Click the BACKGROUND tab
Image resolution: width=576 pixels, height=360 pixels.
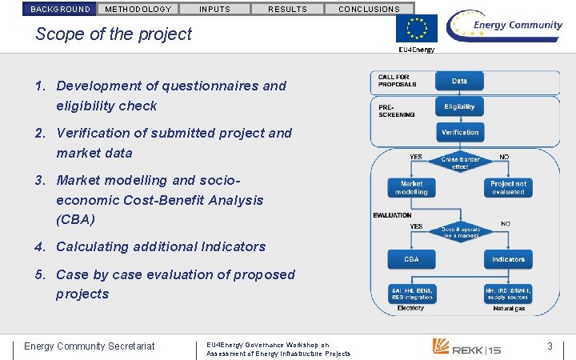click(x=60, y=9)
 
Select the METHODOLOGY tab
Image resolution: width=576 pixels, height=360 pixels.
click(x=138, y=9)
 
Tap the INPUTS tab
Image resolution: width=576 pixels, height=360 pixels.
click(x=214, y=9)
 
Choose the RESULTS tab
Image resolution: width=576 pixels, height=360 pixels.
click(x=287, y=9)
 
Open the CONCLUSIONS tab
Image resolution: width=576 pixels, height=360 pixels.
click(x=369, y=9)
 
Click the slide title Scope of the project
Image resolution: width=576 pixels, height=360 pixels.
click(x=114, y=34)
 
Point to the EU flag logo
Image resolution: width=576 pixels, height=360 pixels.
click(x=416, y=29)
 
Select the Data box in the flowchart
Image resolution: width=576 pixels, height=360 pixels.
click(x=459, y=81)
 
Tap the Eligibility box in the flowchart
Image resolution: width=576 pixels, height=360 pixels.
click(x=459, y=106)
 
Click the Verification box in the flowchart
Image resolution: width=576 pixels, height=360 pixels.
click(x=459, y=132)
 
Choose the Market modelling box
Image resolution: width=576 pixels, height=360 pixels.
click(x=411, y=188)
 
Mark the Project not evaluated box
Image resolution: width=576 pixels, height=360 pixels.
click(x=508, y=188)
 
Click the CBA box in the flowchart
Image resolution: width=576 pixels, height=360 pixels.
click(x=411, y=259)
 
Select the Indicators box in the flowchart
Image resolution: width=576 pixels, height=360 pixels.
click(x=508, y=259)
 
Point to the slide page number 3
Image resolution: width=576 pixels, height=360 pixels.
click(x=550, y=346)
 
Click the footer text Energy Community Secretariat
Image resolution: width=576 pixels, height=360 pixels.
click(x=90, y=346)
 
